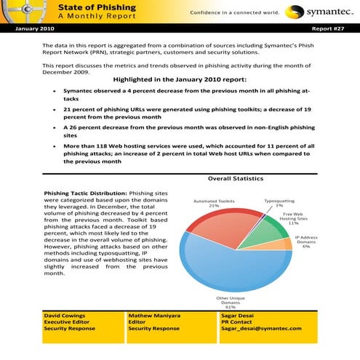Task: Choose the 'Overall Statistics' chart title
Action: [x=235, y=178]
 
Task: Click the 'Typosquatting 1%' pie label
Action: [x=279, y=203]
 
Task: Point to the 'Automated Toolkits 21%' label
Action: [x=214, y=203]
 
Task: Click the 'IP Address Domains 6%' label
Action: [x=306, y=242]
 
